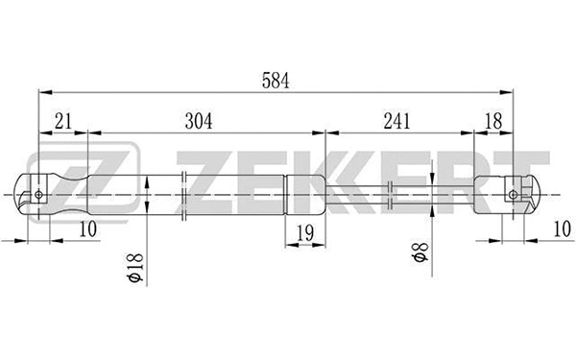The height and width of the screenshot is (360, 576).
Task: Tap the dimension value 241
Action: coord(396,121)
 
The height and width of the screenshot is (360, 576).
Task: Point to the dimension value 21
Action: coord(63,121)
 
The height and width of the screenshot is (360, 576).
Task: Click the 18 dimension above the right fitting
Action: coord(494,121)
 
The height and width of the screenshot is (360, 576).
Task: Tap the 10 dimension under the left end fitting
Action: coord(88,229)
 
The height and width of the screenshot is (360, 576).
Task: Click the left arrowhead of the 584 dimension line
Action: coord(40,93)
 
